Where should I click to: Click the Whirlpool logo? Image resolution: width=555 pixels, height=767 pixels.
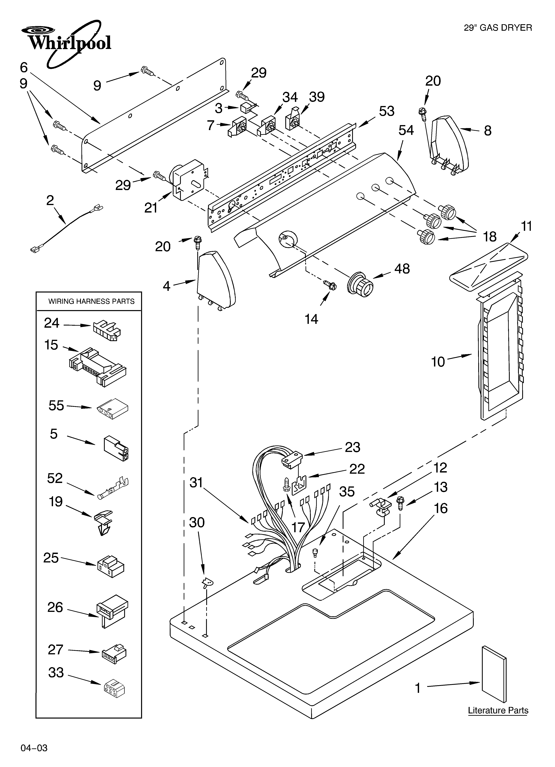point(66,42)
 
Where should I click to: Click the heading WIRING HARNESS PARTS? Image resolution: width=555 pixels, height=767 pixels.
point(91,301)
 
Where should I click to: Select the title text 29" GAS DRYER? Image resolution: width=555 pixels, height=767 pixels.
point(497,28)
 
